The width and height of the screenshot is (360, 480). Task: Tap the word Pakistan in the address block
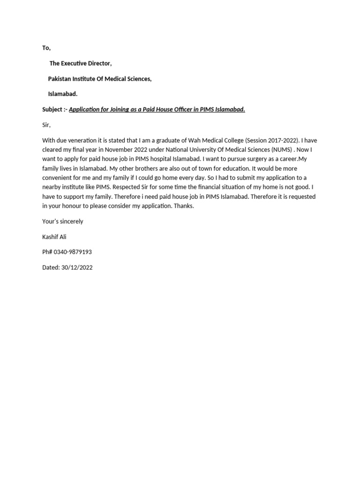click(60, 79)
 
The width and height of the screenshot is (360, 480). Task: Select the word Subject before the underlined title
click(52, 109)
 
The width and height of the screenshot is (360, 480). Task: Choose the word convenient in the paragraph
click(58, 178)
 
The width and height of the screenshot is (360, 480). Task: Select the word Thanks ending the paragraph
click(183, 206)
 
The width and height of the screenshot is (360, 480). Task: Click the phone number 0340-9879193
click(73, 252)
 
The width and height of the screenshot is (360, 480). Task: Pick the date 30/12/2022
click(77, 267)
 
